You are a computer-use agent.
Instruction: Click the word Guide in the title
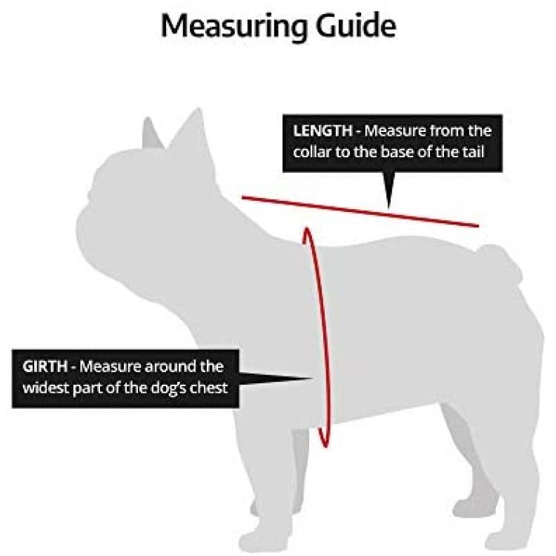click(356, 25)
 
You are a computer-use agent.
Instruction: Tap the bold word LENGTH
click(322, 130)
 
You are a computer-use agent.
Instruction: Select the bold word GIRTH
click(45, 366)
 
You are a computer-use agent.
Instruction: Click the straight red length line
click(360, 211)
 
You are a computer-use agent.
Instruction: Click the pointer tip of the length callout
click(389, 208)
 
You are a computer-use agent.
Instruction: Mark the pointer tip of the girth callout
click(313, 378)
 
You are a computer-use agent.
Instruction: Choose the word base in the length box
click(394, 152)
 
